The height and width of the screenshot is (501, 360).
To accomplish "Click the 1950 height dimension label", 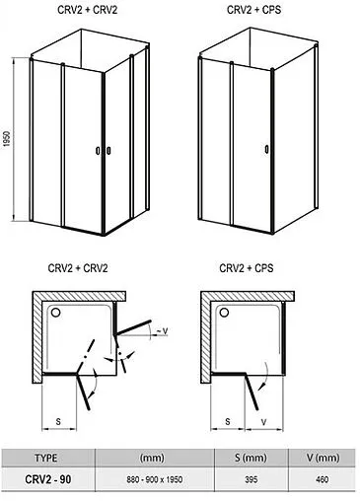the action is point(7,139).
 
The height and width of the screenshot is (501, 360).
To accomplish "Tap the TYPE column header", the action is point(45,458).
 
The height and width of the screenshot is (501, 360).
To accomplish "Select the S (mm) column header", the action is point(251,458).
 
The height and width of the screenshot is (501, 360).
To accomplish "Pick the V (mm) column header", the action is point(323,458).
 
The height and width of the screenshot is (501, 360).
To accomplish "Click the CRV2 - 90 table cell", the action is point(48,479).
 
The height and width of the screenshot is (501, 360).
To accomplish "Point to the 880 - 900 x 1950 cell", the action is point(155,479).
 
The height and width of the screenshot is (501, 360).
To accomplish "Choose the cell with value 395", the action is point(251,479).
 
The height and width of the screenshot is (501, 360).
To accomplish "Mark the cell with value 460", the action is point(323,479).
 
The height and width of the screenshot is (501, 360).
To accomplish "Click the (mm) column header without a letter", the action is point(152,458).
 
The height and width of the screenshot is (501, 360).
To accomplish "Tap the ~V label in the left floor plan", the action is point(162,331).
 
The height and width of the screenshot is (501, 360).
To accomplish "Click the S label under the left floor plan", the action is point(58,421).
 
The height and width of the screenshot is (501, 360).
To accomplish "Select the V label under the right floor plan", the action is point(263,422).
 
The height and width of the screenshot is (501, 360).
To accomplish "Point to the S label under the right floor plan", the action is point(228,421).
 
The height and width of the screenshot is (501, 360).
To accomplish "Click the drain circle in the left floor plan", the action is point(55,313).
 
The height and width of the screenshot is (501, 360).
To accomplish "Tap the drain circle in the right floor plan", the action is point(224,313).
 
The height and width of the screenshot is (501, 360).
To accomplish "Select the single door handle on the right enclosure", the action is point(266,149).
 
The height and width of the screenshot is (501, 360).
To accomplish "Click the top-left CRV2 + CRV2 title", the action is point(87,10).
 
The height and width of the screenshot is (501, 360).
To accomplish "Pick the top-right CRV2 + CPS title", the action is point(253,10).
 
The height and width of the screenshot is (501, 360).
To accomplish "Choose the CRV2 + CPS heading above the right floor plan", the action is point(247,268).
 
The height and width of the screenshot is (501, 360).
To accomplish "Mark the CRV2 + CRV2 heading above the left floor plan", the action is point(78,268).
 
